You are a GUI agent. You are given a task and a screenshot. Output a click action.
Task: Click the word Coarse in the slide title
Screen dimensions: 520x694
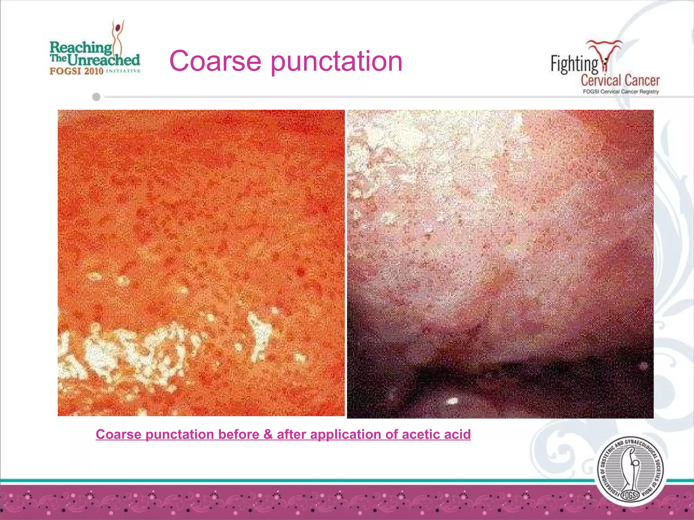[215, 61]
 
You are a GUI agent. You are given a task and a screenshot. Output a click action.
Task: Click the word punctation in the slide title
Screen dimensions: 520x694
[336, 62]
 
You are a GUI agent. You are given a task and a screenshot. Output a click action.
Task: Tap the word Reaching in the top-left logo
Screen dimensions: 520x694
[81, 48]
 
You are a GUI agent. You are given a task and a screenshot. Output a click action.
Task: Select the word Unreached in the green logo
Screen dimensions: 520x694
[104, 60]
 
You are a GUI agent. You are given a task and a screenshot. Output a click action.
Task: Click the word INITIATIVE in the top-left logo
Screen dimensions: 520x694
[123, 71]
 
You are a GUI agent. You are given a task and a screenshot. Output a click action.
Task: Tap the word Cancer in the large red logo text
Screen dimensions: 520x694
[642, 81]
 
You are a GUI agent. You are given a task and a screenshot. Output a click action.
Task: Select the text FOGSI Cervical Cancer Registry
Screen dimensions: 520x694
[621, 91]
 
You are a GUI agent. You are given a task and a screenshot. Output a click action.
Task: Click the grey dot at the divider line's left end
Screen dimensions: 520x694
[96, 97]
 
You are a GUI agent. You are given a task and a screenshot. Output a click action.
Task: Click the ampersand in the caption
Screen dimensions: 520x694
[268, 434]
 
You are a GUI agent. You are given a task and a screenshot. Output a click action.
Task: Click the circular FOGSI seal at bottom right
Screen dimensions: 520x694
[630, 471]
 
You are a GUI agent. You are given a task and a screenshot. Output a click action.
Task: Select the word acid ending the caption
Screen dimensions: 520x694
[457, 434]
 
